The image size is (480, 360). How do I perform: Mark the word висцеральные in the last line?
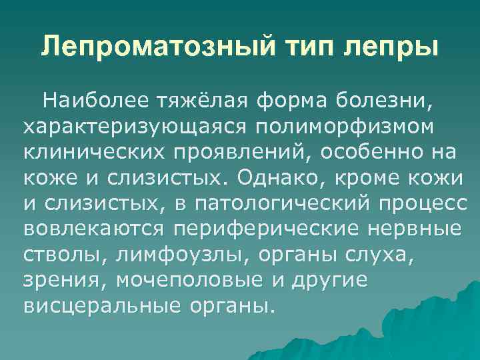tap(99, 305)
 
